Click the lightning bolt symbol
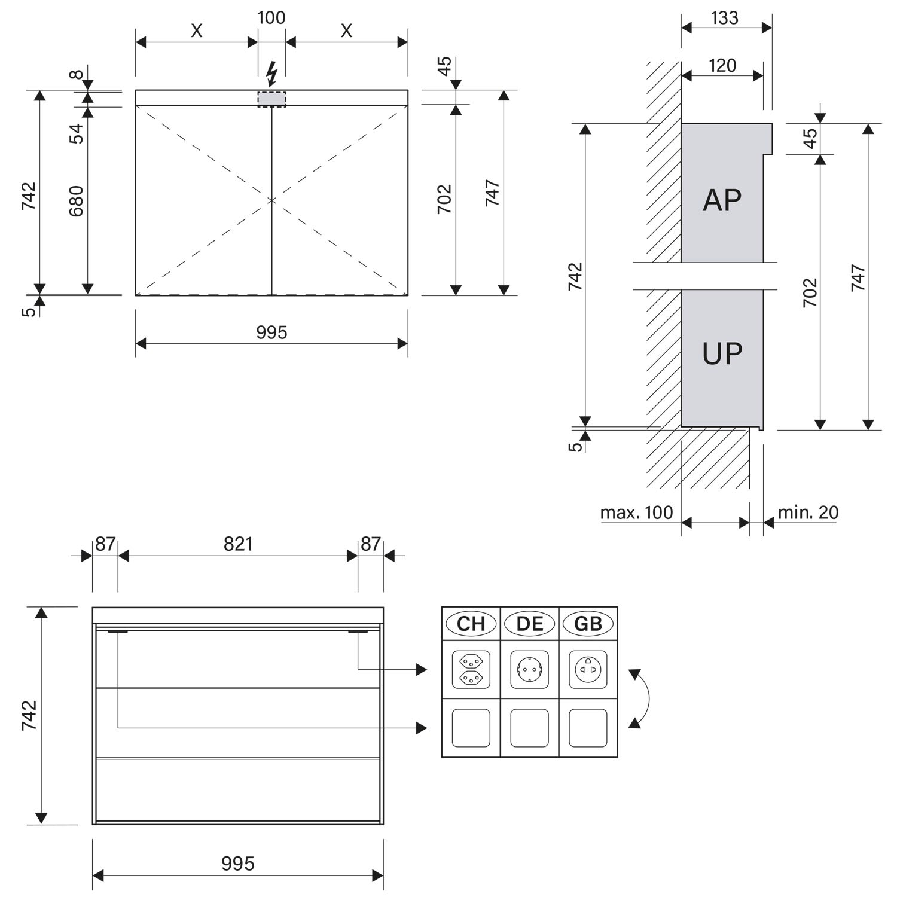point(272,75)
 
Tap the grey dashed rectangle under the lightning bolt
point(271,99)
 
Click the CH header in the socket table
point(471,624)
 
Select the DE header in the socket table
point(529,624)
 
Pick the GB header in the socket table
point(588,624)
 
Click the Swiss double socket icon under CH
point(471,670)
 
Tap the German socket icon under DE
point(529,670)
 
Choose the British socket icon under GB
point(588,670)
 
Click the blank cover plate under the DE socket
point(529,728)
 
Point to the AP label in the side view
point(722,200)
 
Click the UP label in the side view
point(722,353)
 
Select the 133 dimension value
point(725,18)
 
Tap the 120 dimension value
point(722,65)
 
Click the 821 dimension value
point(238,544)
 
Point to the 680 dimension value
point(77,201)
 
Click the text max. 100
point(636,512)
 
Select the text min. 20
point(808,512)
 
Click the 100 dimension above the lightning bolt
point(271,17)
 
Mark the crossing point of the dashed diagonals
point(272,200)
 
